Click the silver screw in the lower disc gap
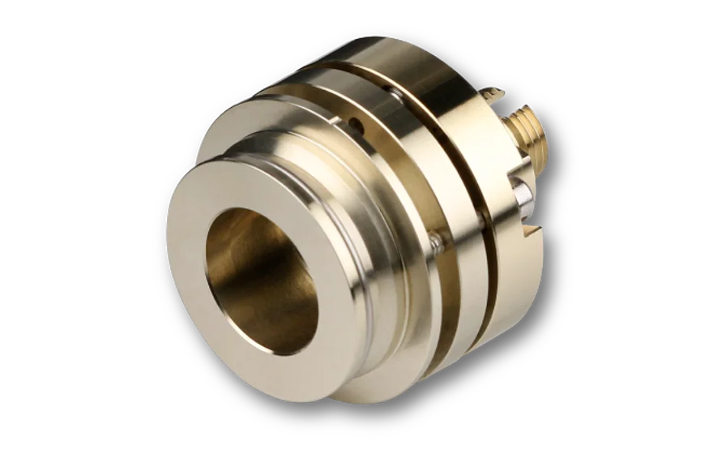coord(437,238)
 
